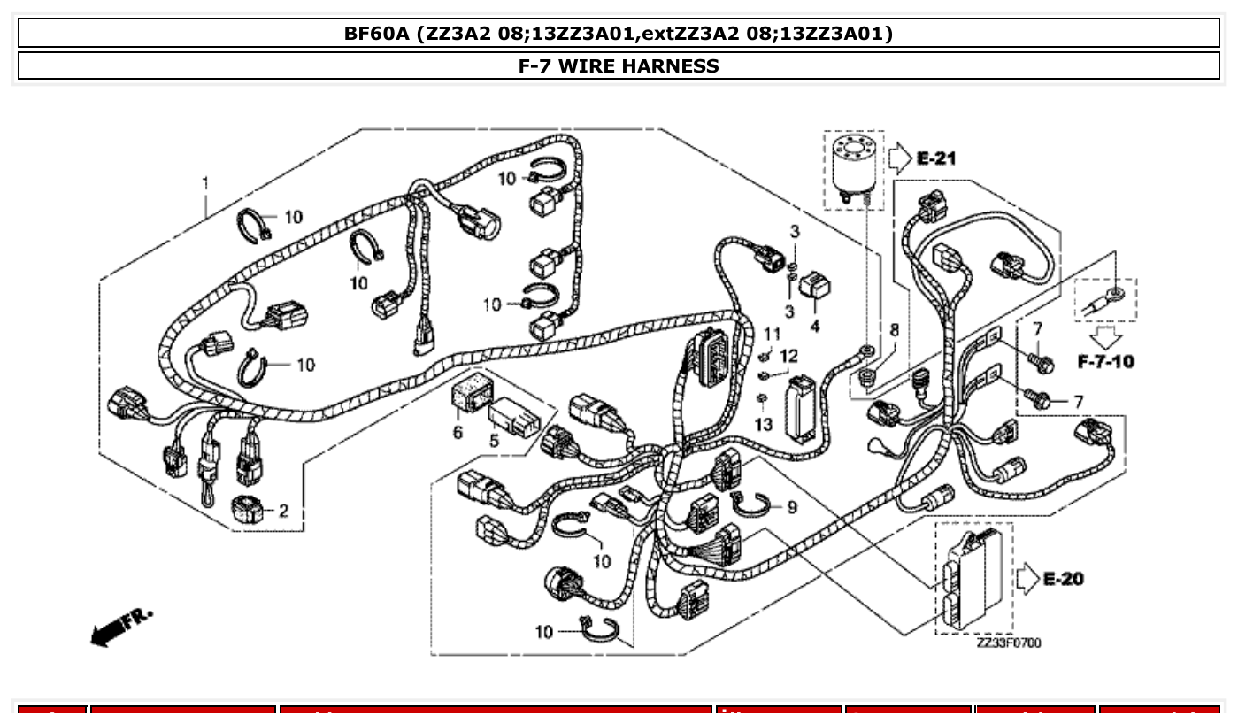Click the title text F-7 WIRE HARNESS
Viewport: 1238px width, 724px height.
coord(619,65)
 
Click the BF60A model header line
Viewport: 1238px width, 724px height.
coord(619,34)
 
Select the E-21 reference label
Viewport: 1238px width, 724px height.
coord(935,158)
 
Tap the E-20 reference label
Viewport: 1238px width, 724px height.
coord(1063,579)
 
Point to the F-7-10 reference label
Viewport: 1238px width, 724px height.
coord(1105,361)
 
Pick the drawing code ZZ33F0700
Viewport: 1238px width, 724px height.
coord(1009,643)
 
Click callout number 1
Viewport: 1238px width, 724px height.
coord(205,183)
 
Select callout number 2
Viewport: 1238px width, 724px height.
coord(283,511)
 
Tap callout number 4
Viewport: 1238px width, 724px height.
coord(815,325)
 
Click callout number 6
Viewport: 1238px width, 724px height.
coord(458,432)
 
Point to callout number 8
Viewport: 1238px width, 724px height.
coord(895,329)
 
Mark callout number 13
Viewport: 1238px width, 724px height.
coord(764,425)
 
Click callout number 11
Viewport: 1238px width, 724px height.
coord(773,334)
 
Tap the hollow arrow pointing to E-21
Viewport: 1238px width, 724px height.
coord(898,158)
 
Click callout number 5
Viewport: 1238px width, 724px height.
coord(495,440)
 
